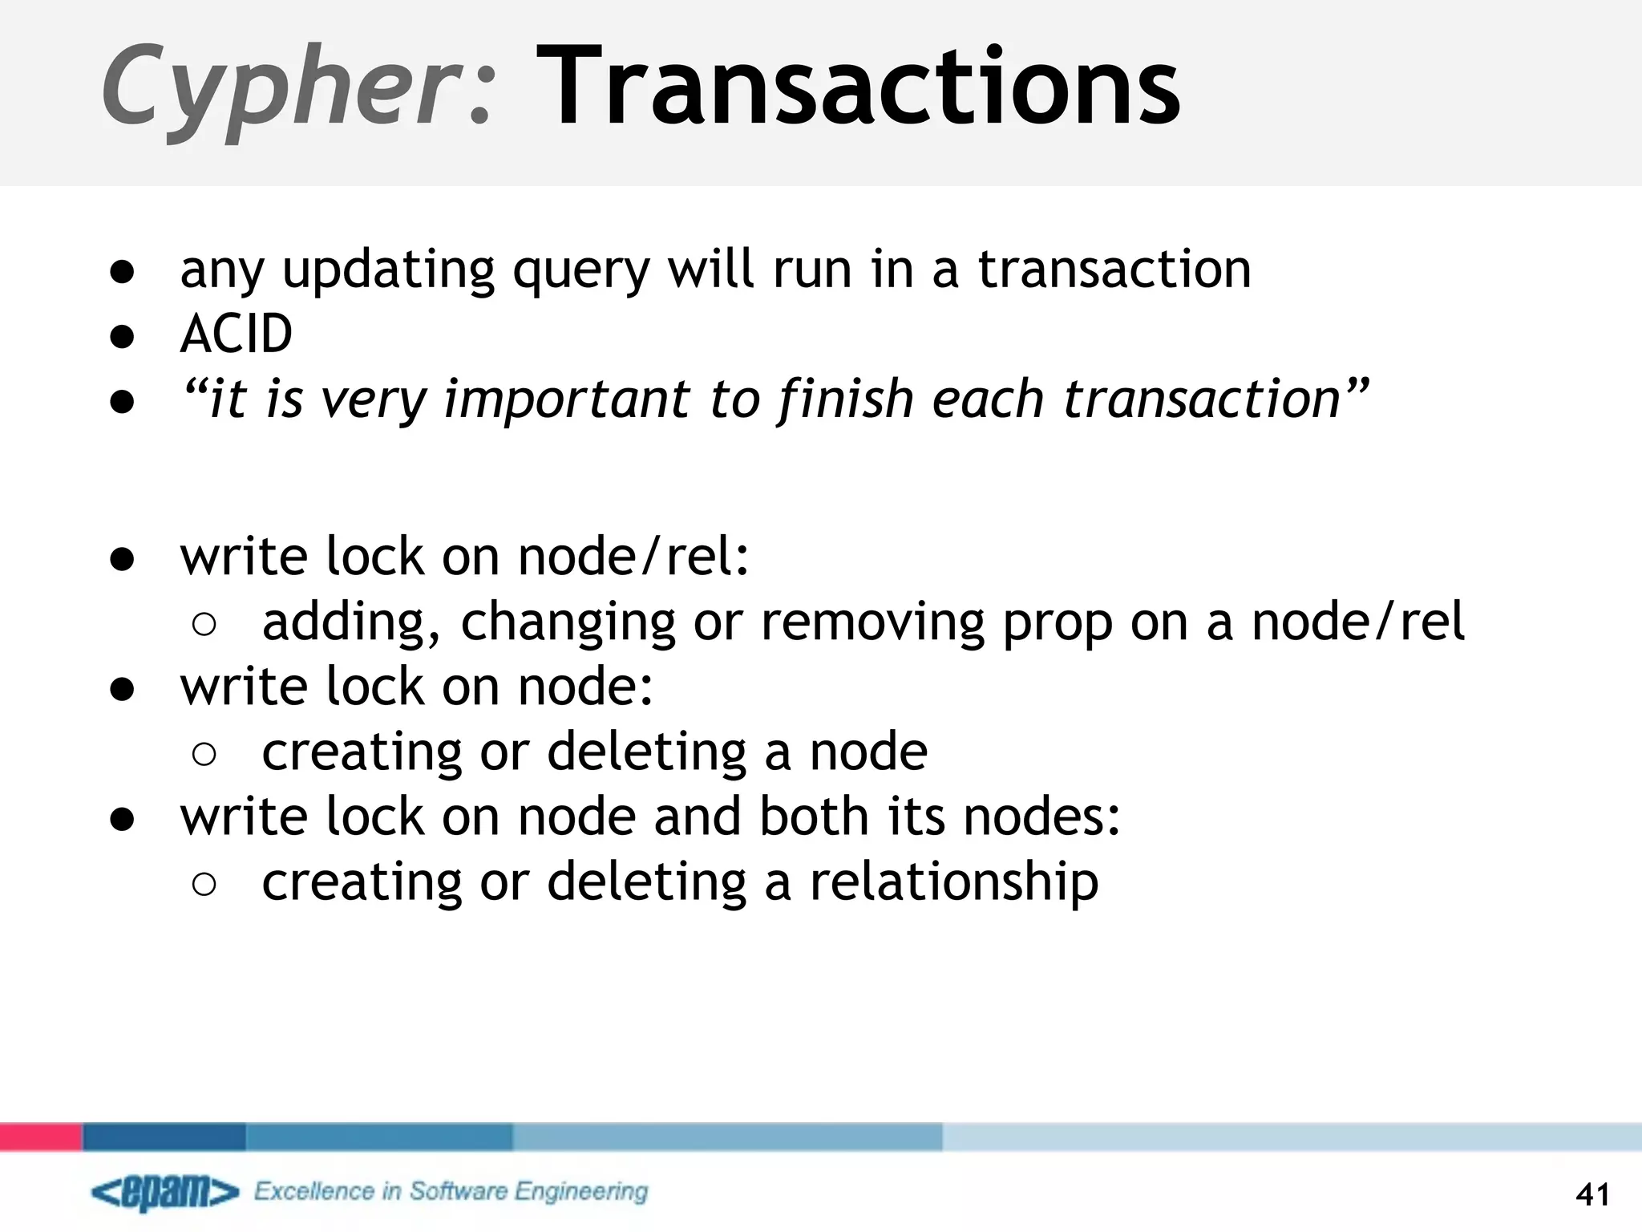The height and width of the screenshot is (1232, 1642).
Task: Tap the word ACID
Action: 237,334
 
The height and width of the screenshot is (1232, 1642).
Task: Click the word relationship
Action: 954,882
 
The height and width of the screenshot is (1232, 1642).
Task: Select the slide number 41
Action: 1592,1195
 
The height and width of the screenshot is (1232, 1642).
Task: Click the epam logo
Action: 165,1193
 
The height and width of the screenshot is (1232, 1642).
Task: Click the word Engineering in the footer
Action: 581,1193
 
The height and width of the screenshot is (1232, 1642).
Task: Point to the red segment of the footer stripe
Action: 40,1137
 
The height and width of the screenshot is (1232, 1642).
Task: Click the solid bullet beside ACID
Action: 122,335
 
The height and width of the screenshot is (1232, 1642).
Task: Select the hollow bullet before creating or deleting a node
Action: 204,754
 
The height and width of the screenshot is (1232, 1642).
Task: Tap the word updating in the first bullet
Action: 389,271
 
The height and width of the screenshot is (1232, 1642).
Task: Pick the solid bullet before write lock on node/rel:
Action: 122,558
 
